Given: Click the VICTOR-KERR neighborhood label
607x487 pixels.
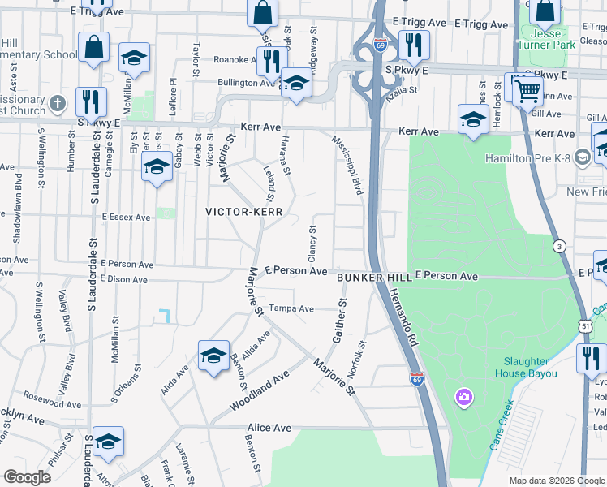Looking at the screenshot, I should [243, 211].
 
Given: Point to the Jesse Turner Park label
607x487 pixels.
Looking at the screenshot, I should [552, 38].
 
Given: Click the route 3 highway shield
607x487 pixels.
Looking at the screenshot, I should [559, 246].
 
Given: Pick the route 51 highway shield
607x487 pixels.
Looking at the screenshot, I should [585, 325].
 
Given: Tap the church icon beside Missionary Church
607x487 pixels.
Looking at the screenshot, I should [57, 104].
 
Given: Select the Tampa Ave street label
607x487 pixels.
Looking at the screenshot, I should [291, 308].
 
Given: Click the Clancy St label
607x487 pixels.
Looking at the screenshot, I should [311, 240].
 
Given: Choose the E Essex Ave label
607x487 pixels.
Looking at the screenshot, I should [126, 218].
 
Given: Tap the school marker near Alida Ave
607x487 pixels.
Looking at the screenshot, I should [213, 356].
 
